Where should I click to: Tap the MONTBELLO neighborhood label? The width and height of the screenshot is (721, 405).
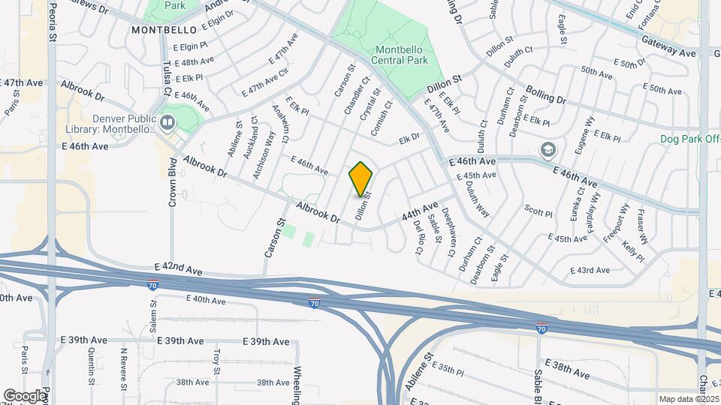163,30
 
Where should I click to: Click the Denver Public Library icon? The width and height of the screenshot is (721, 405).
167,121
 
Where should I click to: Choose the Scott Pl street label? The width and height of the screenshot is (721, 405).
538,211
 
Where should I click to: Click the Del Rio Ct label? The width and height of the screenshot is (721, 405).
419,237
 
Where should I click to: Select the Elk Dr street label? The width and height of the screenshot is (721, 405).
409,138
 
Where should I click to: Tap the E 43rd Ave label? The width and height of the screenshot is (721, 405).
590,270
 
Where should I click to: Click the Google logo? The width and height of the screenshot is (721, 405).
24,395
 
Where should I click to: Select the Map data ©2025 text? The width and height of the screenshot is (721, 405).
688,399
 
